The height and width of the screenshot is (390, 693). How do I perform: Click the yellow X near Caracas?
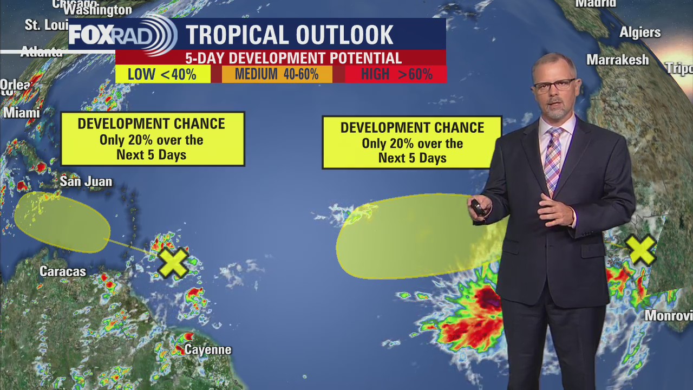(x=173, y=263)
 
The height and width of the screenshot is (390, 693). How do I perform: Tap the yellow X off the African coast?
(x=640, y=250)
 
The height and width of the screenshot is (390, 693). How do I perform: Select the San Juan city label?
(x=86, y=181)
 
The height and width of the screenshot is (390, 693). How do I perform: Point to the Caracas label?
(x=63, y=271)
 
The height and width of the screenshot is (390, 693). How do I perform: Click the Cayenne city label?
(x=208, y=349)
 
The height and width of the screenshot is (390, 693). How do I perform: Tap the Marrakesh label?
(x=618, y=60)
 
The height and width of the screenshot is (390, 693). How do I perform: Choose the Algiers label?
(x=640, y=32)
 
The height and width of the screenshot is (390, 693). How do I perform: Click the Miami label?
(x=22, y=113)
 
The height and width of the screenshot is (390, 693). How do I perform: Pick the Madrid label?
(x=596, y=4)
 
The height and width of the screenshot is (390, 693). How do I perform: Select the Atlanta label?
(x=41, y=53)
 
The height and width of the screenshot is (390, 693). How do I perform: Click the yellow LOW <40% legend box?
(x=162, y=74)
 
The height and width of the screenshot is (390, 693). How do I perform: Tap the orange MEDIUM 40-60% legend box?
(x=277, y=74)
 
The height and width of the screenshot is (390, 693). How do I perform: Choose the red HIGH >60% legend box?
(x=396, y=74)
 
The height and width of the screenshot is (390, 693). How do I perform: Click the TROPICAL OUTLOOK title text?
(x=290, y=35)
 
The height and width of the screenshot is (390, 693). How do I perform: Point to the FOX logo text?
(x=98, y=35)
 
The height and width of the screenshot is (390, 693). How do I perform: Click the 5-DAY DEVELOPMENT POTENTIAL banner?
(x=293, y=58)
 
